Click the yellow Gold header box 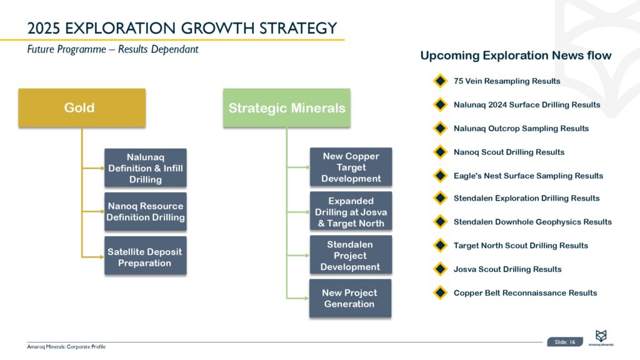pos(82,107)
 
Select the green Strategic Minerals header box pos(287,107)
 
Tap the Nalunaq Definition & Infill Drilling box pos(146,167)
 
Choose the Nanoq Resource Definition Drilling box pos(146,212)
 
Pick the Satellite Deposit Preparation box pos(146,257)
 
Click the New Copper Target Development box pos(351,167)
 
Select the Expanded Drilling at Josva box pos(351,212)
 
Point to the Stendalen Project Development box pos(351,255)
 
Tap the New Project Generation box pos(350,298)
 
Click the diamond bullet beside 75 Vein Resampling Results pos(440,81)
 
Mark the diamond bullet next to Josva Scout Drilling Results pos(440,269)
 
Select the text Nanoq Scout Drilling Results pos(509,152)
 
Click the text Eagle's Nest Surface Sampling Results pos(528,176)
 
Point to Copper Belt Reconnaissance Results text pos(525,292)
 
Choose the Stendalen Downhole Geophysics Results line pos(532,222)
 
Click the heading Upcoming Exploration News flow pos(516,56)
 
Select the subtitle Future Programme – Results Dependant pos(112,49)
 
